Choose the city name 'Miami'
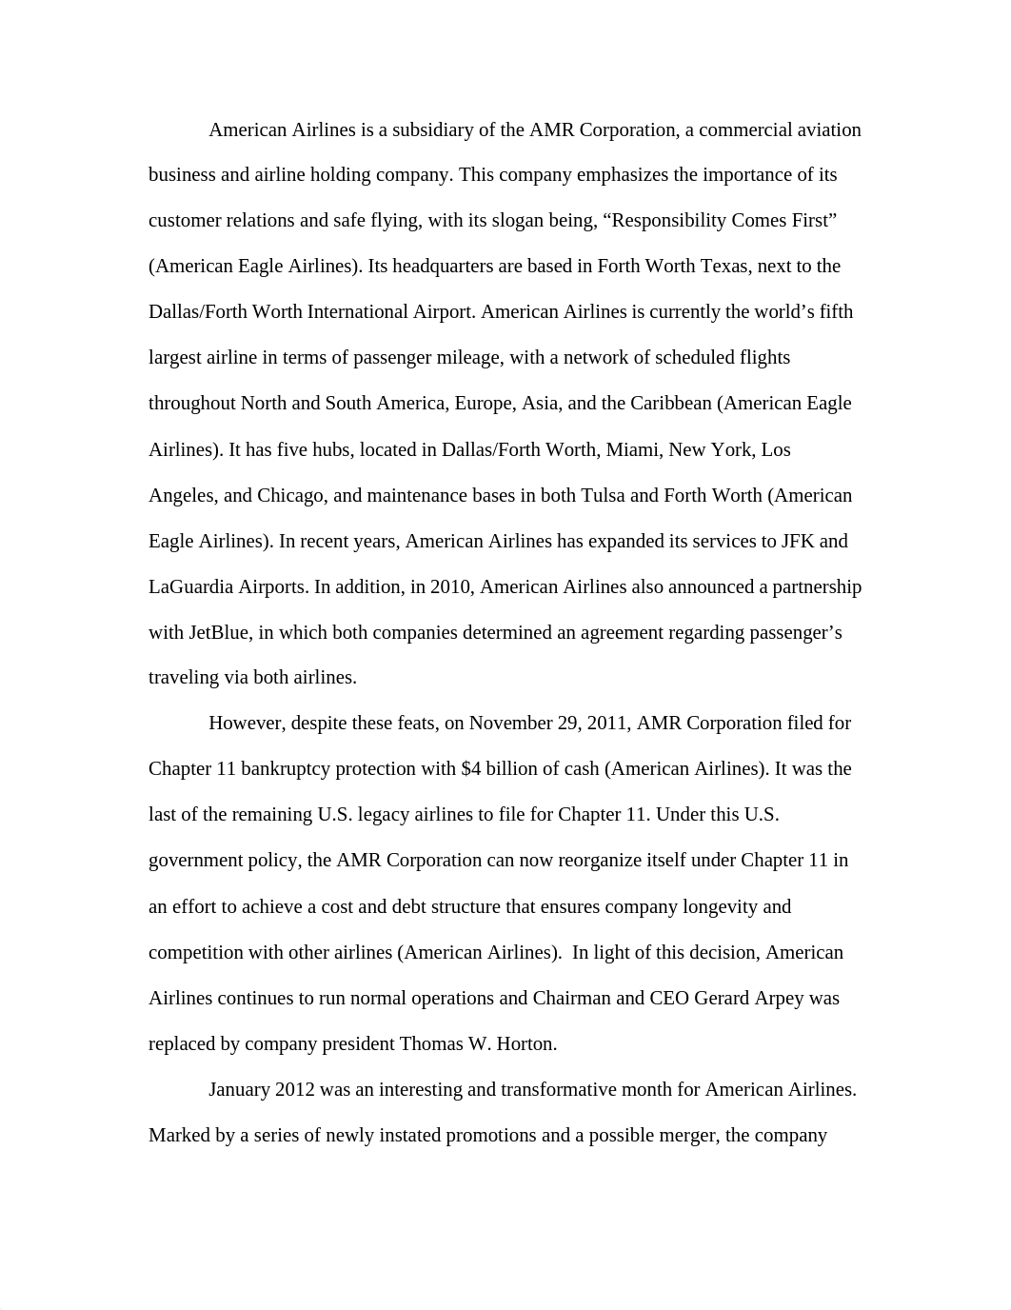coord(633,449)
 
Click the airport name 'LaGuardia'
coord(191,587)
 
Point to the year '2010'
coord(450,587)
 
